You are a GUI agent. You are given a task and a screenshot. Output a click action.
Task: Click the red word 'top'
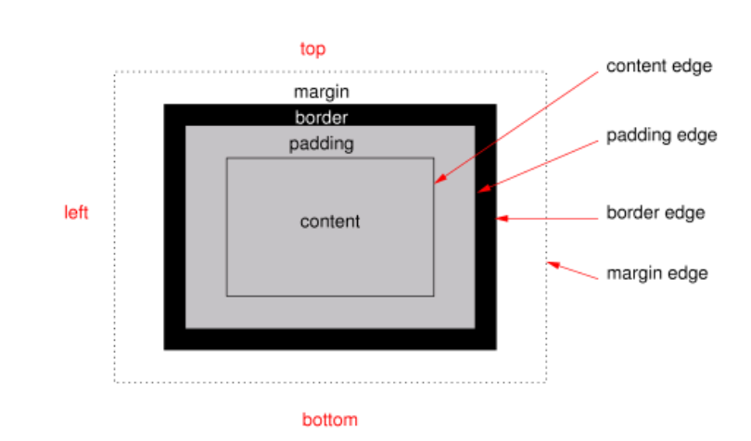coord(312,49)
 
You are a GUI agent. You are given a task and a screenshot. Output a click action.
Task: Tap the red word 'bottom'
coord(329,420)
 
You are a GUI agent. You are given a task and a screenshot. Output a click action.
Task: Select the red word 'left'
coord(76,212)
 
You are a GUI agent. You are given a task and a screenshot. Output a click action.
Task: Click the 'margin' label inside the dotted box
coord(321,92)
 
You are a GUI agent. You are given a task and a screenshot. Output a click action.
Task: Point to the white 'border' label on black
coord(321,118)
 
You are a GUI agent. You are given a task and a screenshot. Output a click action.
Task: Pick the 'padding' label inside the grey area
coord(321,144)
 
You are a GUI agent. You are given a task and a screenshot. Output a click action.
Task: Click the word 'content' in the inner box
coord(329,222)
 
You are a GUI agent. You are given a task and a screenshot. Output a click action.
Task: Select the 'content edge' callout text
coord(658,67)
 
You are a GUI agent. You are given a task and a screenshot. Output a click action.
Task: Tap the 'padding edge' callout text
coord(661,136)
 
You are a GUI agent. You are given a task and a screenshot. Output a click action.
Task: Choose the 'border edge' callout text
coord(656,212)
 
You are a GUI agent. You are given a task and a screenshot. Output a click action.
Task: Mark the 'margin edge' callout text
coord(657,273)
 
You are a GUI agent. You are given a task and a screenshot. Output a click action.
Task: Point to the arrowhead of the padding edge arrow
coord(481,190)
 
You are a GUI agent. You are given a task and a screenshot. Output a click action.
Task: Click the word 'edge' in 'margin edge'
coord(690,273)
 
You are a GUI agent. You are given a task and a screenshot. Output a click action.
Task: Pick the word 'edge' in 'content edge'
coord(693,67)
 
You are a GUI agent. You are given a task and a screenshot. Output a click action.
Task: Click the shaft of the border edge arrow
coord(552,219)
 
